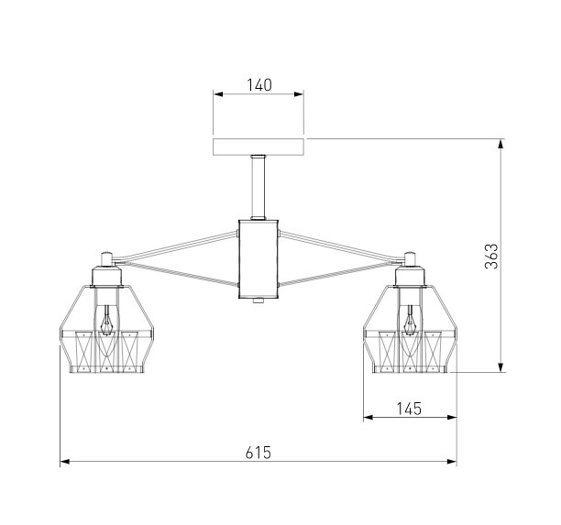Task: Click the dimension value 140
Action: coord(259,85)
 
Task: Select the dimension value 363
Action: coord(491,256)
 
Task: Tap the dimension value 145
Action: coord(410,409)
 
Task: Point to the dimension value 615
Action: coord(258,454)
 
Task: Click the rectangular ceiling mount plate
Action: coord(258,147)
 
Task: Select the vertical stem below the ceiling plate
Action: coord(258,187)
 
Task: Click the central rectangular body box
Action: coord(258,259)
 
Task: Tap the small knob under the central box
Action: coord(258,301)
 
